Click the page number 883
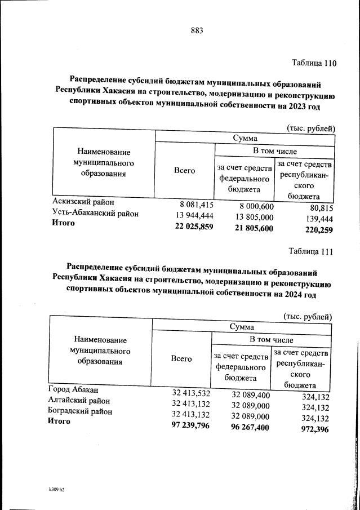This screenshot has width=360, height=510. (x=197, y=30)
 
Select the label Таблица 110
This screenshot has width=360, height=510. (x=313, y=63)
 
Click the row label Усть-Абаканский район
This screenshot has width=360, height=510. (x=95, y=214)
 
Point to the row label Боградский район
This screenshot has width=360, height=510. (x=80, y=411)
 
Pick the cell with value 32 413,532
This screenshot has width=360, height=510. (x=190, y=393)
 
